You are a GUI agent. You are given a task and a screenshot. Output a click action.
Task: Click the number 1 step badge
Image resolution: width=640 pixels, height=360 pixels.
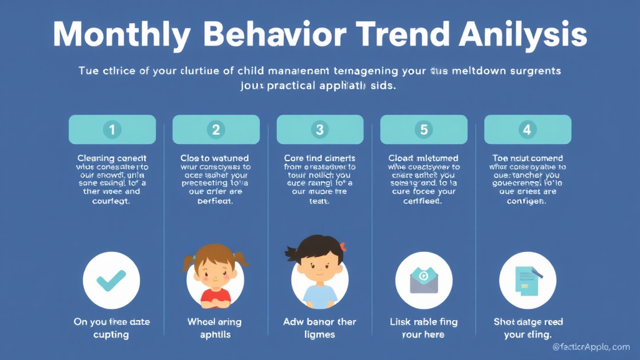coord(112,130)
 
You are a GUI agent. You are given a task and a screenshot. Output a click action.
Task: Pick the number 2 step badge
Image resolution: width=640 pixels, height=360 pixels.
coord(216,130)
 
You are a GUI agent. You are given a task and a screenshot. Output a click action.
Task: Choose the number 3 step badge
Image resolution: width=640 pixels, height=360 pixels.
coord(320,130)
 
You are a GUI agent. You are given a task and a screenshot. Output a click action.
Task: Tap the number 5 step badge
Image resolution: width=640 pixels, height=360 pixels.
coord(424,130)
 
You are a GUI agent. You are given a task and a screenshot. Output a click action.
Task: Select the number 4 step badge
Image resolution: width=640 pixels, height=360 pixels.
coord(527,130)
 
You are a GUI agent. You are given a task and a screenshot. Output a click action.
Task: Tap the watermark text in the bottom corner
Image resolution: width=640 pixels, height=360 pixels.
coord(591,347)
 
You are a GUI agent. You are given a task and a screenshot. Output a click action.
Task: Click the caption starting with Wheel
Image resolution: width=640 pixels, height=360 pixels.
coord(214,328)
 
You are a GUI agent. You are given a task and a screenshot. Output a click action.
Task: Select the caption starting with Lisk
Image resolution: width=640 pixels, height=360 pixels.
coord(423,328)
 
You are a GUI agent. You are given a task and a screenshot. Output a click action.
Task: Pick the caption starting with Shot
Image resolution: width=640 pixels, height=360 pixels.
coord(527,328)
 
